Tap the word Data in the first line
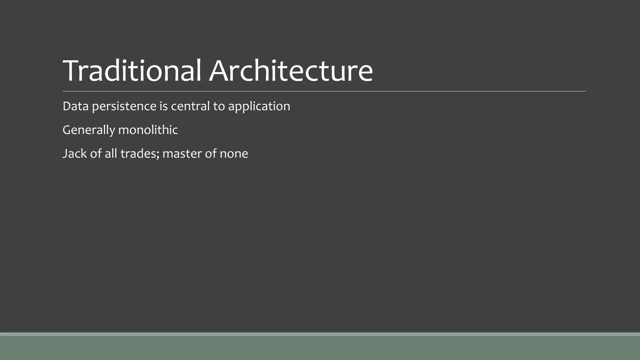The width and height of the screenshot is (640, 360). click(x=75, y=106)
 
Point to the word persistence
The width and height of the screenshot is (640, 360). click(x=124, y=106)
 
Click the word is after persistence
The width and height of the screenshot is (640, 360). click(x=163, y=106)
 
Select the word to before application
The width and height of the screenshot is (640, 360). click(x=219, y=106)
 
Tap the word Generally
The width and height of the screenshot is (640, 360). click(x=89, y=130)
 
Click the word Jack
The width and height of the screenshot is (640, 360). click(x=74, y=154)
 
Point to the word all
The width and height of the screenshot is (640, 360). click(x=111, y=154)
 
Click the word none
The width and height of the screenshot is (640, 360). click(x=234, y=154)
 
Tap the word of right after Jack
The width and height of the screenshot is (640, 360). click(x=96, y=154)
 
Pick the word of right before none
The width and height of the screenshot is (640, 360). click(x=211, y=154)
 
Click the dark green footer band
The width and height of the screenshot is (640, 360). click(x=320, y=348)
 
